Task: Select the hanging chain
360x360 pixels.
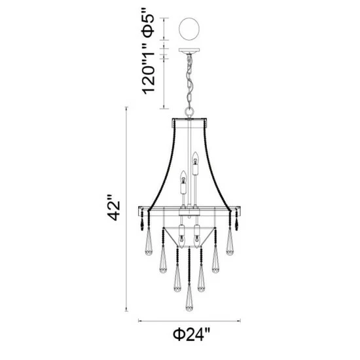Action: point(190,82)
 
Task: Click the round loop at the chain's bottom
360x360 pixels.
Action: point(190,112)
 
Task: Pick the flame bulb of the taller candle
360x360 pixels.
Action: point(194,156)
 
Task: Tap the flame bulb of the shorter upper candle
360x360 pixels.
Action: point(184,175)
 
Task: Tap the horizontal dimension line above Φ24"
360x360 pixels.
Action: point(189,321)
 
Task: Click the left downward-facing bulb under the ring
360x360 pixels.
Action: point(181,234)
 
